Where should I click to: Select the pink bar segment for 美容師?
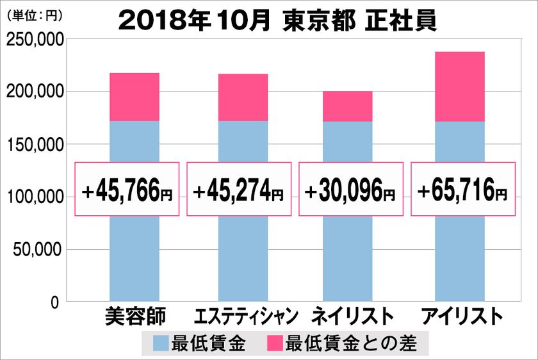(x=134, y=97)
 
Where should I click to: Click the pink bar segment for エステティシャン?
(x=243, y=97)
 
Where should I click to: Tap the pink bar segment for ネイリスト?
(x=348, y=106)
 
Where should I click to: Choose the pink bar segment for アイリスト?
(x=459, y=86)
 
